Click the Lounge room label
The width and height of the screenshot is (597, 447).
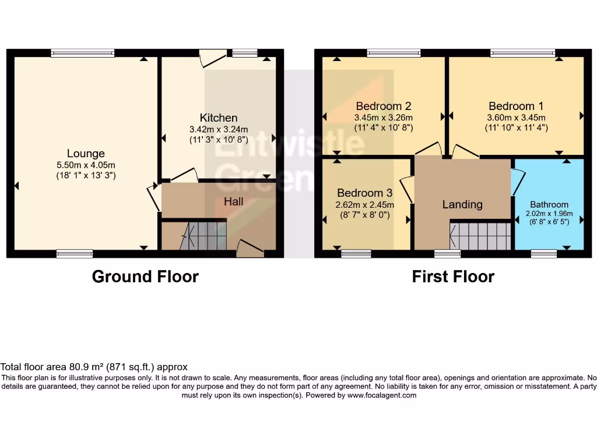click(86, 154)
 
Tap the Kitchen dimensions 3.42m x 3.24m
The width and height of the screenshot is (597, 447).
click(219, 129)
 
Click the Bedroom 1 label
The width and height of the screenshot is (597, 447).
click(516, 106)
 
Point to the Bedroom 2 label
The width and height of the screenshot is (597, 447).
click(384, 106)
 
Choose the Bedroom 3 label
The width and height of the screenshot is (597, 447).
click(365, 193)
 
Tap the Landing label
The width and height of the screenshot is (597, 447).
click(462, 204)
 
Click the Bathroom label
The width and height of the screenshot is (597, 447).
click(549, 204)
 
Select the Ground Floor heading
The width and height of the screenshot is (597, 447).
click(145, 276)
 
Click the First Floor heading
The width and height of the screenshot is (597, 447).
click(453, 276)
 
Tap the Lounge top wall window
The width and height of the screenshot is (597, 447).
click(83, 53)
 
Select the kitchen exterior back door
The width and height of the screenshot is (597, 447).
click(213, 58)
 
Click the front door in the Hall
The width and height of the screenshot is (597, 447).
click(250, 249)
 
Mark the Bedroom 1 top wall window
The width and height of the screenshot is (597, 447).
click(523, 53)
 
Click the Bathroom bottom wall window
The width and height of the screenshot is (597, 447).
click(543, 253)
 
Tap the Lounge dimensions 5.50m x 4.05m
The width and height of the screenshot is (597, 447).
click(86, 165)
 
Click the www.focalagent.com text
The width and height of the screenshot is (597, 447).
click(382, 395)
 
